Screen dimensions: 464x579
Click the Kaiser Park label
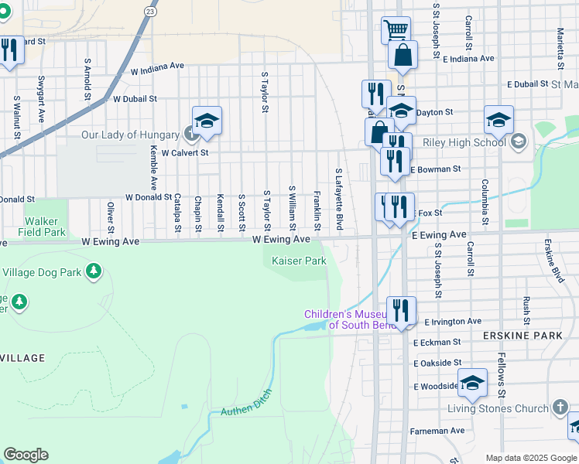299,261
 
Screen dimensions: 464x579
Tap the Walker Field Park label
44,226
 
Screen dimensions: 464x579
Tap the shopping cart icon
396,29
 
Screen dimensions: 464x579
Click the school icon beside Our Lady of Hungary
207,121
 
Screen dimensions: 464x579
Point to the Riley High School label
462,142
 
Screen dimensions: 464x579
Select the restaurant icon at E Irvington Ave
401,311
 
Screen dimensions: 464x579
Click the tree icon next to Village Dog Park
94,271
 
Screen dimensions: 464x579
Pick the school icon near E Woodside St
472,382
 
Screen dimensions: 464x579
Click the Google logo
26,455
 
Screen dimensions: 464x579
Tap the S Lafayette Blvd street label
338,199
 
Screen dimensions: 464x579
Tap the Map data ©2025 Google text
530,458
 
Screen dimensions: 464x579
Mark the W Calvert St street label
185,153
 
